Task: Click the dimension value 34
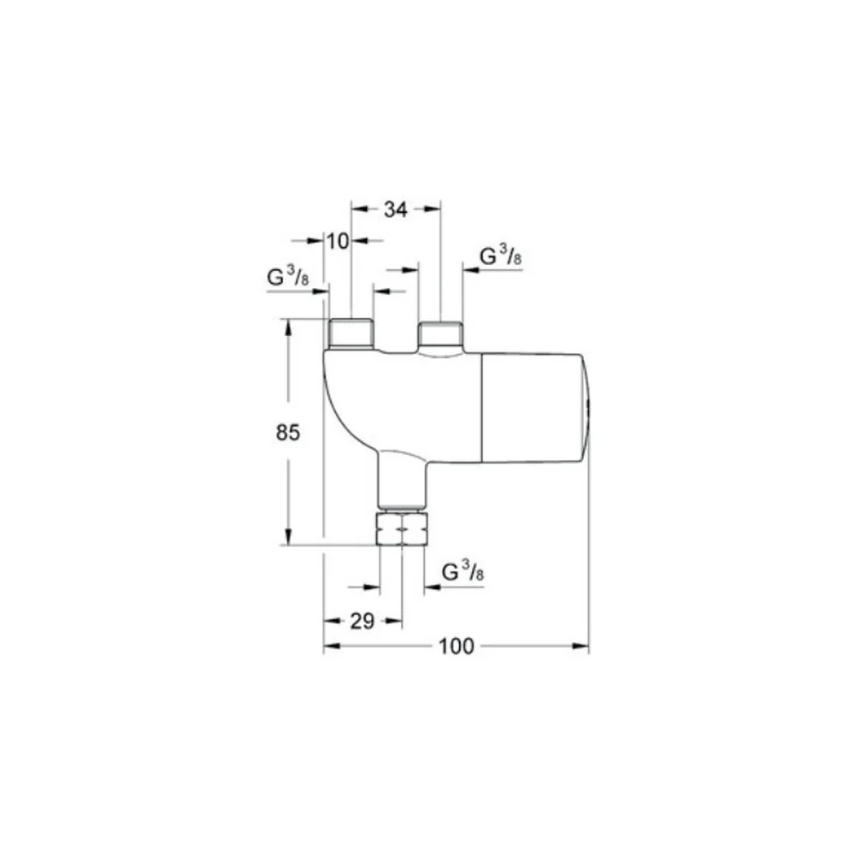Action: tap(395, 209)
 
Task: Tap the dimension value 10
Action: tap(338, 240)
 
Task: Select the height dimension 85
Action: tap(288, 433)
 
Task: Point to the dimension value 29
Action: tap(362, 621)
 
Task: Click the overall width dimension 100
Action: tap(457, 646)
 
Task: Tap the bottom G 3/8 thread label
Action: tap(463, 571)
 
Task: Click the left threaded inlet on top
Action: tap(351, 333)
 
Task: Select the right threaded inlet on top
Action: tap(440, 334)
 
